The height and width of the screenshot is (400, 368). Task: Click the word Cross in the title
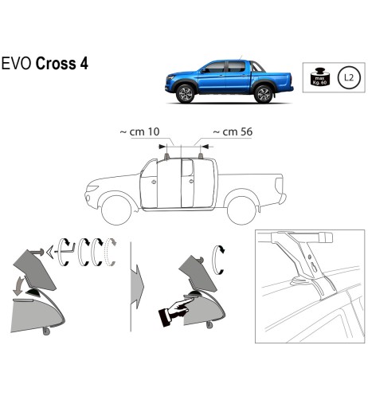click(x=56, y=64)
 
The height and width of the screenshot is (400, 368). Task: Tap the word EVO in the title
click(x=17, y=64)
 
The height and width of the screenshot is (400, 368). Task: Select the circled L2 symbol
click(x=349, y=78)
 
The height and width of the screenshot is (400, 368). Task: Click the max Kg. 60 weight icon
click(x=319, y=77)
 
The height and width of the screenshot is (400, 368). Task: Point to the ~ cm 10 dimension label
click(x=140, y=131)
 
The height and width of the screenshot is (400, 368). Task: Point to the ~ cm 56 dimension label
click(x=233, y=131)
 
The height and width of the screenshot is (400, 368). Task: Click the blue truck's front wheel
click(x=185, y=94)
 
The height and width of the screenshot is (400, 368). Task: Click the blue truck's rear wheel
click(x=263, y=94)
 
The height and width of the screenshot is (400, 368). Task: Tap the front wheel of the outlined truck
click(x=116, y=210)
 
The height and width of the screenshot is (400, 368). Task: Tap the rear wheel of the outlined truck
click(x=241, y=210)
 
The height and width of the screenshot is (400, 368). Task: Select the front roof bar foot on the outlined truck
click(x=166, y=156)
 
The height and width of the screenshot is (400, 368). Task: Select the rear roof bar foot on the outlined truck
click(x=201, y=156)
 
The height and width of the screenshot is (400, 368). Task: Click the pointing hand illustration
click(x=175, y=312)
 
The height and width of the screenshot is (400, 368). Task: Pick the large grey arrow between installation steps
click(x=137, y=286)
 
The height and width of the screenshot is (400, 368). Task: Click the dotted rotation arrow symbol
click(x=111, y=252)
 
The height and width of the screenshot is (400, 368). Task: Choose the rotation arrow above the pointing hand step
click(x=218, y=260)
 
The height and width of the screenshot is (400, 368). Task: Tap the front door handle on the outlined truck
click(x=153, y=182)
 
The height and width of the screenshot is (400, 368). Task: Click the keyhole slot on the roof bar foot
click(x=314, y=267)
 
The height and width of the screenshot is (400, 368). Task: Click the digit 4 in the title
click(x=84, y=64)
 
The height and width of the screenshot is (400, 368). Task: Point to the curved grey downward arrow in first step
click(x=18, y=286)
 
